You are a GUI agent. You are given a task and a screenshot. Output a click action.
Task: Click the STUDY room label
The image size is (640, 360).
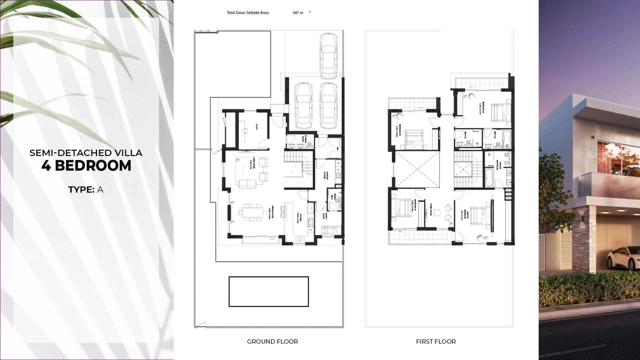click(257, 127)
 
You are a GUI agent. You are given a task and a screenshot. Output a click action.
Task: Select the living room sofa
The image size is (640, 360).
click(247, 183)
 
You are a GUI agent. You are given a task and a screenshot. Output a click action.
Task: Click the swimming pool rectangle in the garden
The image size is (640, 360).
click(269, 291)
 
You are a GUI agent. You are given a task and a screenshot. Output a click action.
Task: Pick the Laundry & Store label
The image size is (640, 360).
click(325, 176)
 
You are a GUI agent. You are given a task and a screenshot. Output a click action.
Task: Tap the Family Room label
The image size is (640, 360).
click(431, 210)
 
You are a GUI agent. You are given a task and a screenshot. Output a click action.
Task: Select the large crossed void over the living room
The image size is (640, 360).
click(417, 169)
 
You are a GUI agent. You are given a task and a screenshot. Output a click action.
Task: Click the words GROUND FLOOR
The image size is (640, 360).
click(272, 342)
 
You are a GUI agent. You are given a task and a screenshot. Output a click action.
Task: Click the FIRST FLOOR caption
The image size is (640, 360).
click(436, 342)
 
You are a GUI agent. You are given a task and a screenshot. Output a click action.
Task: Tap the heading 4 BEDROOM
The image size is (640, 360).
click(86, 166)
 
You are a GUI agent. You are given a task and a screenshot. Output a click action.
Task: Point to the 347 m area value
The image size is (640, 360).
click(298, 13)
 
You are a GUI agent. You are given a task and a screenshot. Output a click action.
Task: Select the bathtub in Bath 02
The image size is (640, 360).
click(507, 139)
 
